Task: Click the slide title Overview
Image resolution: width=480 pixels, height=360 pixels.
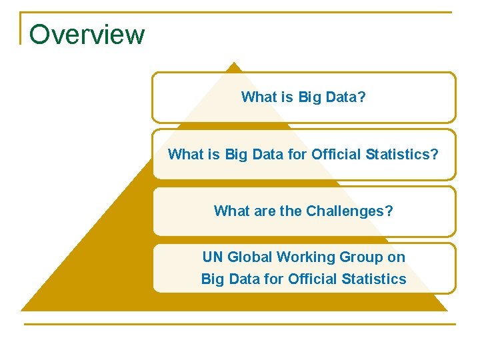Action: click(x=87, y=34)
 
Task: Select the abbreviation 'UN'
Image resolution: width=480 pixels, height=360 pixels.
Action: click(x=213, y=257)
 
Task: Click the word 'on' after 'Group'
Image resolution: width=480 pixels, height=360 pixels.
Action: click(x=397, y=257)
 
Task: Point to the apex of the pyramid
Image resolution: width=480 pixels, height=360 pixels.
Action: click(x=233, y=63)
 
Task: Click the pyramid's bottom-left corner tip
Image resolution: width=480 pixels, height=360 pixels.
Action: click(x=22, y=310)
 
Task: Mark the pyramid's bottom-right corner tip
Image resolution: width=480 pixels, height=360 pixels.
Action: click(x=446, y=310)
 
